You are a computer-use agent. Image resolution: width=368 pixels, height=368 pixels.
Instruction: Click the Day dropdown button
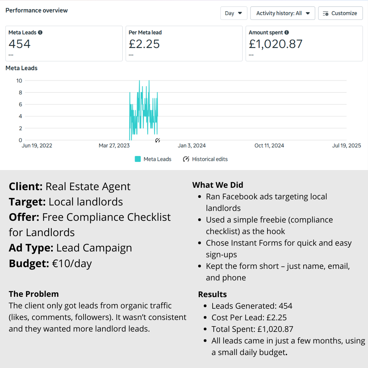233,13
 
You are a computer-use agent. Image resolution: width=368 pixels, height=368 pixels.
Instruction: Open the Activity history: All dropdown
283,13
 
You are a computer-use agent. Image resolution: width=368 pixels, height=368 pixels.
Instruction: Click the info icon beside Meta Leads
40,33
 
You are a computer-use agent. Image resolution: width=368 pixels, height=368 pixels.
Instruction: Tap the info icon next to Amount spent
287,33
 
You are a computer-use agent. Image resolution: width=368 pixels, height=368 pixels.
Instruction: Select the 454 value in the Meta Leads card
19,44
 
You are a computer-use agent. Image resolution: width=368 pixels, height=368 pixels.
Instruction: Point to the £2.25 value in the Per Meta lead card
144,44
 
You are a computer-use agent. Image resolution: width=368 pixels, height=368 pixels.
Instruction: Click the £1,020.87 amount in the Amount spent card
275,44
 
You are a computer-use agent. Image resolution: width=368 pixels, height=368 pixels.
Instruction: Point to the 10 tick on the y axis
19,81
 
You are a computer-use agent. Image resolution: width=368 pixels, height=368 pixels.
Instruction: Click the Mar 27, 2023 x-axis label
114,146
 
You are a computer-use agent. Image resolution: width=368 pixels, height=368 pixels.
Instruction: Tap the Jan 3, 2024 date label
192,146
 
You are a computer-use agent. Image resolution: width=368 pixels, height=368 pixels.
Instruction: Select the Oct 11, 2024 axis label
269,146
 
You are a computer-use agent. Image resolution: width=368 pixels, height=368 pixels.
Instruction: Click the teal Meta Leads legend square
138,159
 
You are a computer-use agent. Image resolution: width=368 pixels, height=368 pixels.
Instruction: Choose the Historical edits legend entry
205,159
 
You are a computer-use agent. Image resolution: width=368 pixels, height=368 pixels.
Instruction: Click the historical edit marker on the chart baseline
157,140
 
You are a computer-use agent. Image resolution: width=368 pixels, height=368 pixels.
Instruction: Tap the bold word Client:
26,187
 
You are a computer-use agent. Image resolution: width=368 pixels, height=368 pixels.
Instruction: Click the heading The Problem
34,294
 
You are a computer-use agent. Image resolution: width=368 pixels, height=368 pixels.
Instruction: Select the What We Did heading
218,185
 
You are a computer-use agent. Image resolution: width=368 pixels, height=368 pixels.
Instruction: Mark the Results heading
212,294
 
